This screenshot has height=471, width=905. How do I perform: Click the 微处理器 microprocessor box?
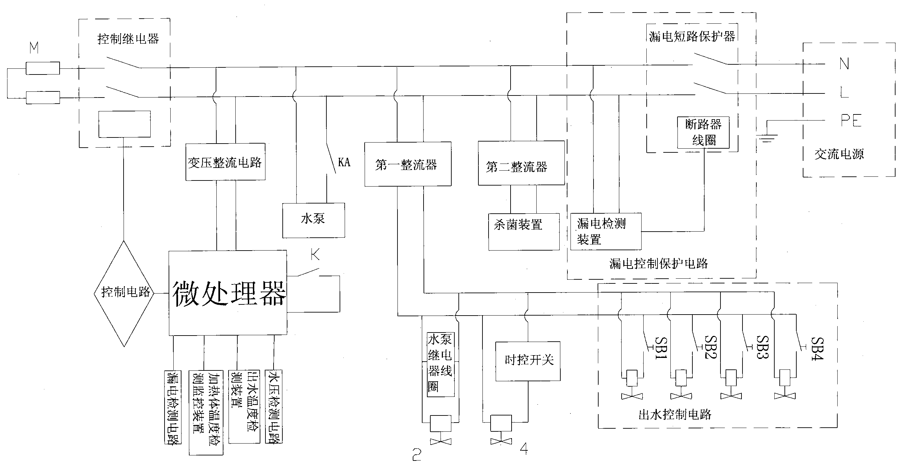[x=228, y=293]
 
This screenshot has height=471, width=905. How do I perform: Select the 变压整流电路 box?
[x=225, y=162]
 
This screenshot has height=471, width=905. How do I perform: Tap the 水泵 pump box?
[x=314, y=220]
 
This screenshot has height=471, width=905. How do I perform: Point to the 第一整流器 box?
[x=408, y=164]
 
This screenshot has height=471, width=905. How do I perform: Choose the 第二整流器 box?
[x=521, y=163]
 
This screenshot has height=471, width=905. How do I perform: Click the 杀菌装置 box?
[x=523, y=232]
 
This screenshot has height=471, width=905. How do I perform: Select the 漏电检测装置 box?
[x=605, y=232]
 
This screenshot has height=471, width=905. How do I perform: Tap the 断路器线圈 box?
[x=703, y=132]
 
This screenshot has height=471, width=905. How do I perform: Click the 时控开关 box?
[x=527, y=361]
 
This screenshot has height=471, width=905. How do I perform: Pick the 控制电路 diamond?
[x=124, y=293]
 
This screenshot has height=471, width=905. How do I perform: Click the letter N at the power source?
[x=844, y=64]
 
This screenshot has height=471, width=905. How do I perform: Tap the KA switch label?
[x=344, y=162]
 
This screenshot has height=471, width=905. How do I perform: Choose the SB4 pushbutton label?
[x=817, y=348]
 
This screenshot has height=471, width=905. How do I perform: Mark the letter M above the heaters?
[x=34, y=48]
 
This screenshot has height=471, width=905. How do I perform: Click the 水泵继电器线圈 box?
[x=440, y=364]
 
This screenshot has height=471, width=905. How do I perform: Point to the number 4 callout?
[x=523, y=449]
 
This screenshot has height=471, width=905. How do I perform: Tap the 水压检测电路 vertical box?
[x=274, y=406]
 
